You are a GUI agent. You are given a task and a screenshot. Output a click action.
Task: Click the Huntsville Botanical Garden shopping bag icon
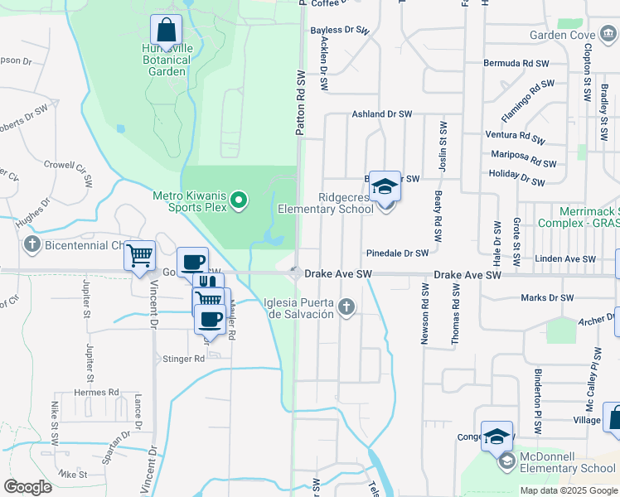167,31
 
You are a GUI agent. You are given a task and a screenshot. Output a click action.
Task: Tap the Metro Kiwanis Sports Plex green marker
240,199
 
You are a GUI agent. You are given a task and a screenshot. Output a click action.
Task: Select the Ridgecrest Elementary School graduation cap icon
385,186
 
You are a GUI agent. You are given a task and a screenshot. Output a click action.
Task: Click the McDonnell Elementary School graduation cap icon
496,437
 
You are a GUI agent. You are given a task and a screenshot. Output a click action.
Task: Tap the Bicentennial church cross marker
31,244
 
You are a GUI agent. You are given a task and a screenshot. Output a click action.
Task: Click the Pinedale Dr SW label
397,253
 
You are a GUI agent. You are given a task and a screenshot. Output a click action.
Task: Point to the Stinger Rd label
183,359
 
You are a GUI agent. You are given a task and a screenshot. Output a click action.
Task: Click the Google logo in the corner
28,487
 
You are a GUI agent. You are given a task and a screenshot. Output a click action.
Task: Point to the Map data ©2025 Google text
568,490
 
